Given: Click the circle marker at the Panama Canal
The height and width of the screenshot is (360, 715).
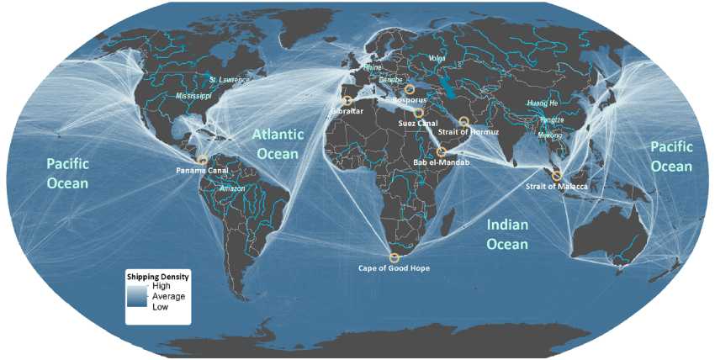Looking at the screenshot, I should click(202, 159).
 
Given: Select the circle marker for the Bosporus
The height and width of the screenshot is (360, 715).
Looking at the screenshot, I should click(410, 90).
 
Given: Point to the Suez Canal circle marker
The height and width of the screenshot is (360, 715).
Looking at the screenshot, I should click(418, 112).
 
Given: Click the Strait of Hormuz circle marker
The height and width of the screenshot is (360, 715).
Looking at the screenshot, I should click(463, 122).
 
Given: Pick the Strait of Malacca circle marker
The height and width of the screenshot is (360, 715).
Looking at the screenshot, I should click(556, 175).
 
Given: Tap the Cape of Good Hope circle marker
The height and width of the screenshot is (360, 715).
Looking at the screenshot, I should click(395, 257).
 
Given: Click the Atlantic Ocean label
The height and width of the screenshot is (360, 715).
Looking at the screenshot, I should click(277, 144).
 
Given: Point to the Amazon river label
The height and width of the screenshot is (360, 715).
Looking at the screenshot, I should click(232, 189).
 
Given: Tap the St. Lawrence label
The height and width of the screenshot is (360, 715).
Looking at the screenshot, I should click(229, 80).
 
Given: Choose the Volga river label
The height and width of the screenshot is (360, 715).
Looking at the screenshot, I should click(437, 59).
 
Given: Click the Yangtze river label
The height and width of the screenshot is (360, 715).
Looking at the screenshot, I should click(553, 120).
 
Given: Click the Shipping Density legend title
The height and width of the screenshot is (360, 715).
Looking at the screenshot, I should click(157, 276).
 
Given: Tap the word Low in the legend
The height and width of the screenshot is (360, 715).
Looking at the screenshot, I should click(160, 307).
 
